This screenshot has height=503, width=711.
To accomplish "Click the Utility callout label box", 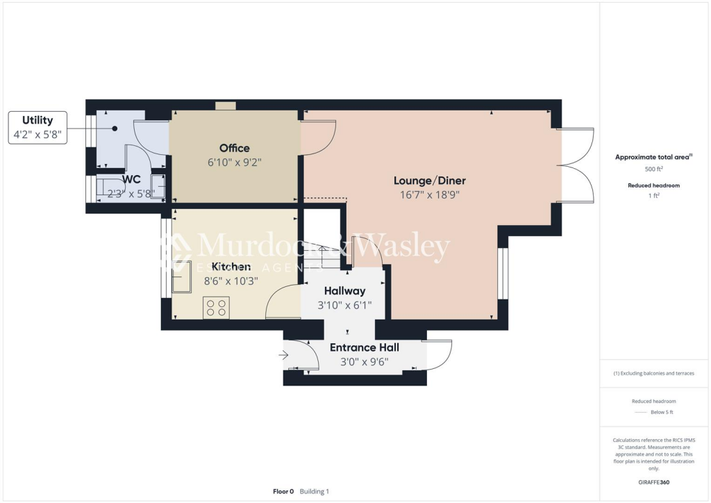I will (x=37, y=127).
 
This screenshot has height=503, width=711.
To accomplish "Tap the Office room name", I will (x=234, y=148).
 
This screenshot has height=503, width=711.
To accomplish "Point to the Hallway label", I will (x=344, y=291).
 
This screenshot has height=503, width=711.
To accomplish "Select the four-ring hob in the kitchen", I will (x=216, y=307).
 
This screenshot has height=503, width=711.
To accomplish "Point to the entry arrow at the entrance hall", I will (x=283, y=356).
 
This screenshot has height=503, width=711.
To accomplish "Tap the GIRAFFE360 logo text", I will (x=653, y=481).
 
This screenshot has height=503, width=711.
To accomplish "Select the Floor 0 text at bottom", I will (x=283, y=491).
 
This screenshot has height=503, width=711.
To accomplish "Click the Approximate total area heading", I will (x=653, y=157).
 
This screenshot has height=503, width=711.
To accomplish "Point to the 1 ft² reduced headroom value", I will (x=653, y=197).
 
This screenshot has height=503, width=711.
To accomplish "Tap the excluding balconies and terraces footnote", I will (x=653, y=373).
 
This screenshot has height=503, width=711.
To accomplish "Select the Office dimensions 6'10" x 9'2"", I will (x=234, y=162).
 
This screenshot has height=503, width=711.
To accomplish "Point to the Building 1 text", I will (x=315, y=491).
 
